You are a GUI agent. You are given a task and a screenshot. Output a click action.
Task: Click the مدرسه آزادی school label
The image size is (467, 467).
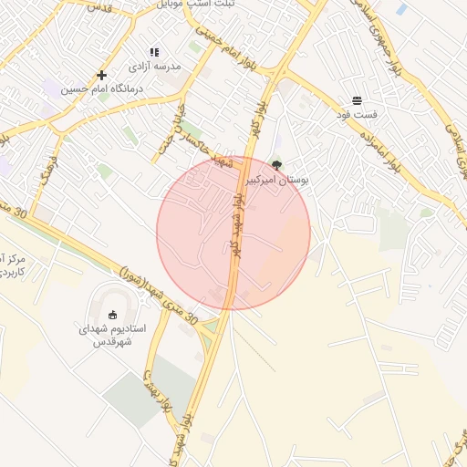tap(155, 67)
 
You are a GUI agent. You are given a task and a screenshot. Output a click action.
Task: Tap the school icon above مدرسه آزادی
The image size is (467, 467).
tap(154, 53)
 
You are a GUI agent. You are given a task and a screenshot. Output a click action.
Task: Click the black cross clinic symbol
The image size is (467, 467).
tap(101, 75)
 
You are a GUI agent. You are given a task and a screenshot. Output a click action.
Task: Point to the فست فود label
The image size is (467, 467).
tap(356, 114)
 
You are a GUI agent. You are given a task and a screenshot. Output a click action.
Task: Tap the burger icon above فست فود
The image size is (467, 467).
tap(356, 100)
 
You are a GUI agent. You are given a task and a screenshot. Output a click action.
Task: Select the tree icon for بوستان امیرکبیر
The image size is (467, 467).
tap(276, 166)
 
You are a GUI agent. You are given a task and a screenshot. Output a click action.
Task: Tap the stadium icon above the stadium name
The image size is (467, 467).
tap(112, 316)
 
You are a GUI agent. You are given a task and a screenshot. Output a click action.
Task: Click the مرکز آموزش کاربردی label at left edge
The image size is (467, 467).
tap(11, 265)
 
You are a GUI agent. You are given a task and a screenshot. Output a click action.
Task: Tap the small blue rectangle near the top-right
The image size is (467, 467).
tap(402, 9)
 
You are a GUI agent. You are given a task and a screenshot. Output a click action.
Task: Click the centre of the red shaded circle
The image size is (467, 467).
tap(233, 233)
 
